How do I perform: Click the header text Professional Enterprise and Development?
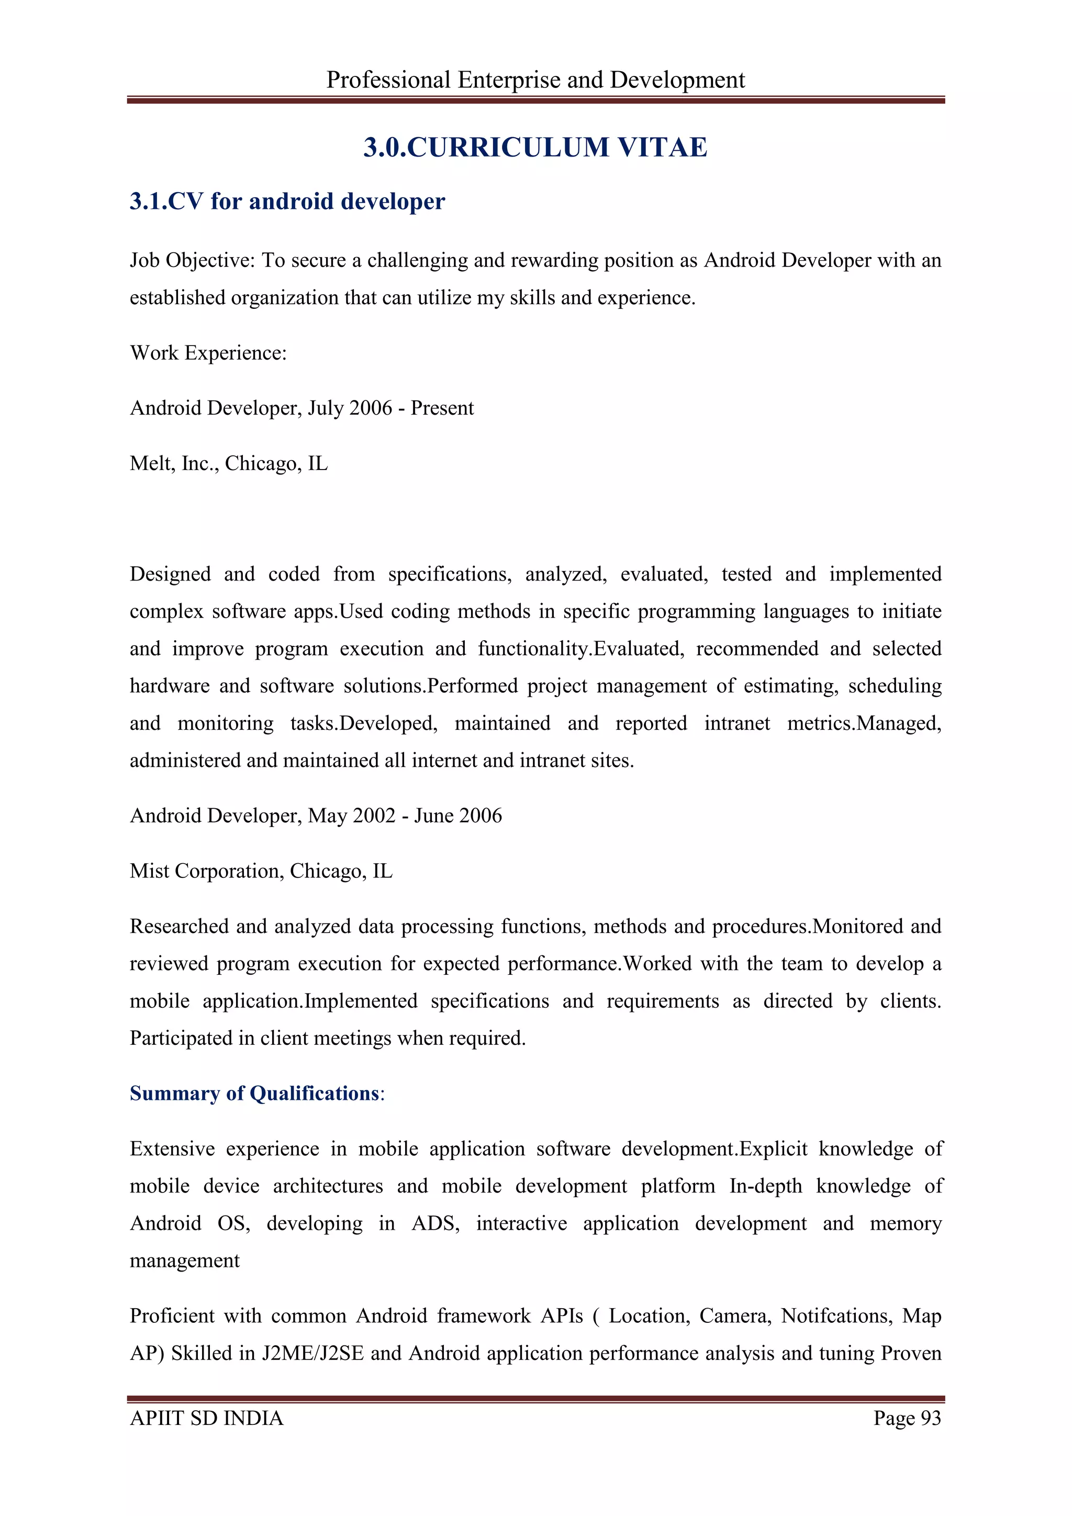pyautogui.click(x=535, y=80)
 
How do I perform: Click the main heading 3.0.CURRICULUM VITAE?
pyautogui.click(x=535, y=147)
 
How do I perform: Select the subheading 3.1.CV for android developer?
pyautogui.click(x=287, y=202)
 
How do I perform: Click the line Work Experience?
pyautogui.click(x=208, y=353)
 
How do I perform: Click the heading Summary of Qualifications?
pyautogui.click(x=254, y=1094)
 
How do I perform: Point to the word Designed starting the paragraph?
pyautogui.click(x=170, y=574)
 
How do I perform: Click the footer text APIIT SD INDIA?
pyautogui.click(x=207, y=1418)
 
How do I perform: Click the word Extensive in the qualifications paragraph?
pyautogui.click(x=172, y=1149)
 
